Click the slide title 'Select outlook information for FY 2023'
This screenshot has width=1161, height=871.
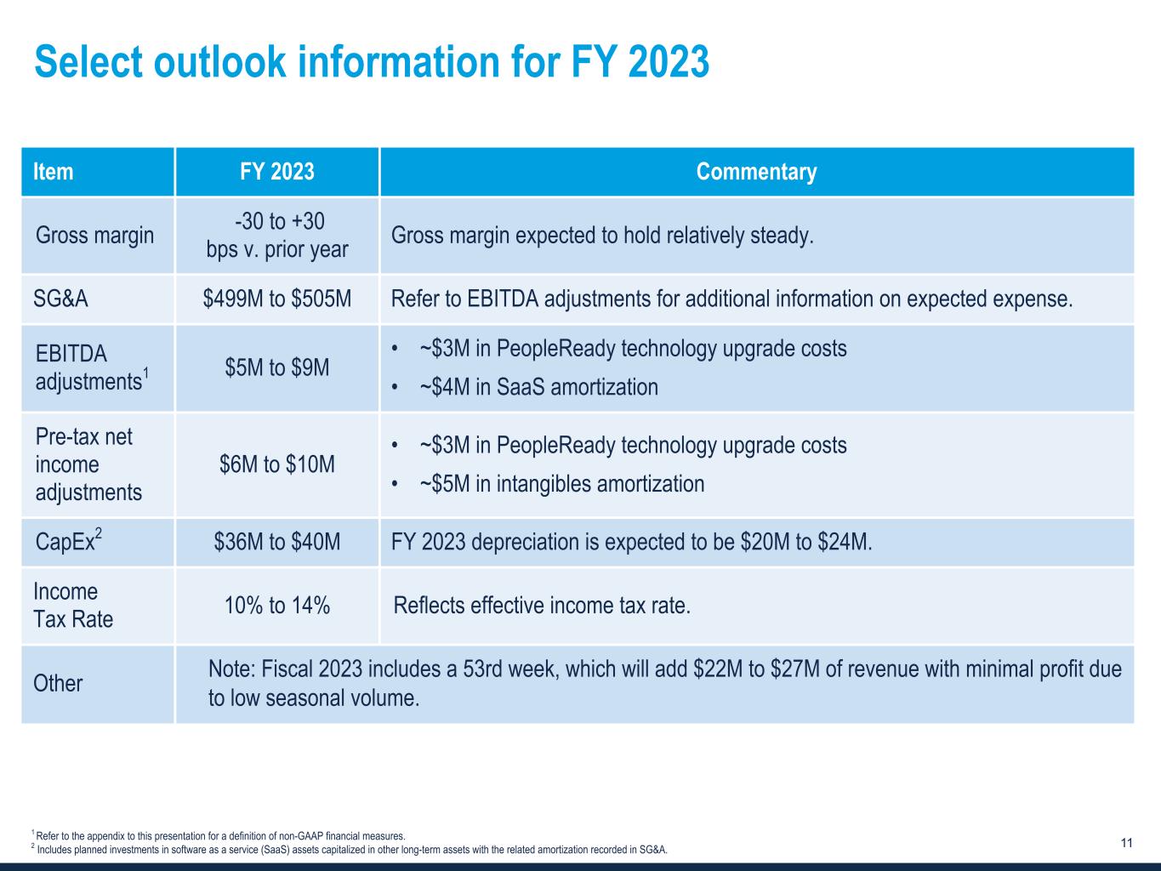[372, 62]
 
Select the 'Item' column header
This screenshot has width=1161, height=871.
[53, 172]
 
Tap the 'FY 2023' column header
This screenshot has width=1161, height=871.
[276, 172]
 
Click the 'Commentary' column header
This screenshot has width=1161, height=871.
[756, 172]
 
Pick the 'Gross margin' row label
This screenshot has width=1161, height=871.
[94, 235]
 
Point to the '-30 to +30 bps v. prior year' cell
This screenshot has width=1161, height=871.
[277, 235]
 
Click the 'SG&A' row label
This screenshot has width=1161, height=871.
[60, 299]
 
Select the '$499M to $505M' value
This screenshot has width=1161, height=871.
[277, 299]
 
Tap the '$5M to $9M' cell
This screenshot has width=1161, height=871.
[277, 367]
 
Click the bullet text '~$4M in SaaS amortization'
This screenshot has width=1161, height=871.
[538, 387]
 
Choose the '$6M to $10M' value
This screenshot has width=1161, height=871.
[277, 464]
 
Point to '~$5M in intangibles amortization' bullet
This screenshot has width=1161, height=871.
[561, 484]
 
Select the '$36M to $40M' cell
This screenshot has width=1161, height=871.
[277, 542]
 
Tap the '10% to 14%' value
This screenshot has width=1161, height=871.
[277, 606]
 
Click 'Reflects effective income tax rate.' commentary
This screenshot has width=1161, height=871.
[542, 606]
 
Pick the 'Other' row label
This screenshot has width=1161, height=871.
[58, 684]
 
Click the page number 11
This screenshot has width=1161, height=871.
[1126, 843]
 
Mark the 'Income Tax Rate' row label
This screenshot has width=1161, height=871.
[73, 605]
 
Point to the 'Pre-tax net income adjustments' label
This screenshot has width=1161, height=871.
[88, 464]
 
